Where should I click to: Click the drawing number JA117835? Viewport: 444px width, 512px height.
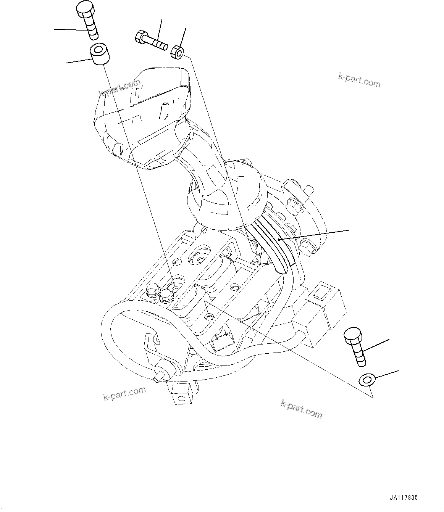click(404, 498)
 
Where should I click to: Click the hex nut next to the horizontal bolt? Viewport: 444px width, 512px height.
click(177, 52)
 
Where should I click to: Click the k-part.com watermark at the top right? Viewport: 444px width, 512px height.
click(359, 80)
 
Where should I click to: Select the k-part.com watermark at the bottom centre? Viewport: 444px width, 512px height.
click(301, 410)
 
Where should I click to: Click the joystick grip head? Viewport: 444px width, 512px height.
click(141, 114)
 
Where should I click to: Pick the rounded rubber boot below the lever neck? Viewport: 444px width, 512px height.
click(225, 198)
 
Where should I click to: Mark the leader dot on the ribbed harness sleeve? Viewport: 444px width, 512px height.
click(279, 240)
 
